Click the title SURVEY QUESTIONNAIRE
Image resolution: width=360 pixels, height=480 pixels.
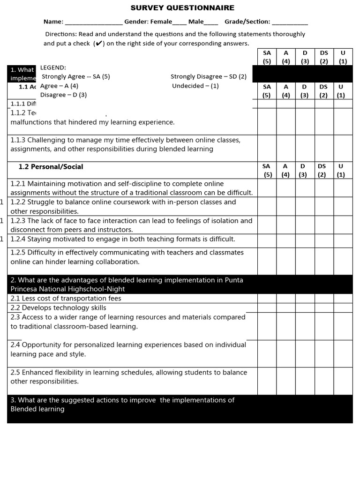click(x=182, y=8)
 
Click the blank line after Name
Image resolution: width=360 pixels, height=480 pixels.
click(x=94, y=22)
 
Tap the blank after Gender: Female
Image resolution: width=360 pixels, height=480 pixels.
click(x=180, y=22)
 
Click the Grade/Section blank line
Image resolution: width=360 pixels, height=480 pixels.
click(x=290, y=22)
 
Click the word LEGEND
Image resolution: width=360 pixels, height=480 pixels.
click(x=53, y=67)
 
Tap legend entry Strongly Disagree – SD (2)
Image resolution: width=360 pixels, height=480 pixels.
click(x=209, y=76)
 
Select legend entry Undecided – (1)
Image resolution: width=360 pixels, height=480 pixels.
click(x=195, y=86)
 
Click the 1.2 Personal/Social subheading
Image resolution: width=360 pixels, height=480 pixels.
click(x=51, y=167)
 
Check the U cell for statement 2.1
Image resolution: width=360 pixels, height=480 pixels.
click(x=343, y=298)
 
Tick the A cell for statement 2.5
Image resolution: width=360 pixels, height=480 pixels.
click(x=285, y=381)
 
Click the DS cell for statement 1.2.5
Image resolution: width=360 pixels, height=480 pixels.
click(x=323, y=261)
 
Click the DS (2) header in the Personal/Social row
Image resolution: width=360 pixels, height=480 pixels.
click(x=322, y=171)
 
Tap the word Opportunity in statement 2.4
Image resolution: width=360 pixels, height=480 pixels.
click(x=40, y=345)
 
